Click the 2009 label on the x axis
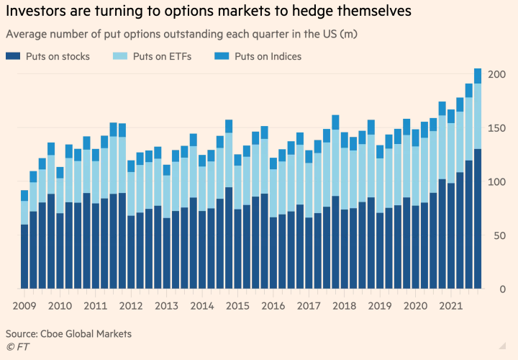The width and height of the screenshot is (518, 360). point(25,306)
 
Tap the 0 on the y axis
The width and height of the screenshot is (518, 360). point(504,289)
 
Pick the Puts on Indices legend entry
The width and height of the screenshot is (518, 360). point(268,56)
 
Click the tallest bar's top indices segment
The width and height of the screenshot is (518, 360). point(478,76)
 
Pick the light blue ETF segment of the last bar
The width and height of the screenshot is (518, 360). point(478,116)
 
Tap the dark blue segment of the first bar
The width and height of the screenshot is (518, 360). point(25,256)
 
